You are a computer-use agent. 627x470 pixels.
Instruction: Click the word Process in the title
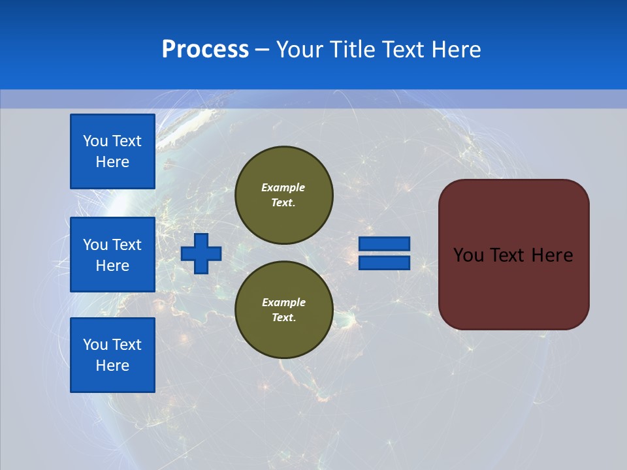(x=205, y=50)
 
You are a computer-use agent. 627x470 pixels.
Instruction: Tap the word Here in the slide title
(x=456, y=50)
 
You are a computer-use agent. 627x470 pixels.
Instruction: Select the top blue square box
(x=112, y=151)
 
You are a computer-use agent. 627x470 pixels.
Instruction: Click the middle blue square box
(x=112, y=255)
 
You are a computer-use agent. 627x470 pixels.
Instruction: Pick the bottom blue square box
(x=112, y=355)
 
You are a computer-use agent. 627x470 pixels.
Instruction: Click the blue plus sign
(x=201, y=253)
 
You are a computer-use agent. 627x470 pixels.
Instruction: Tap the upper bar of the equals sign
(x=385, y=243)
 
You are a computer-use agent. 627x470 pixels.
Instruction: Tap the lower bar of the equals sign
(x=385, y=263)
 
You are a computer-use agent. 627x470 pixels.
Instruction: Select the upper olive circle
(x=283, y=195)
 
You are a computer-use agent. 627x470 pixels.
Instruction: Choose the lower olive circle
(x=283, y=310)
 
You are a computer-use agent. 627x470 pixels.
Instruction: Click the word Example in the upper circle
(x=283, y=187)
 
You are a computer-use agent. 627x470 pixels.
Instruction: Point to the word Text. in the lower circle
(x=283, y=318)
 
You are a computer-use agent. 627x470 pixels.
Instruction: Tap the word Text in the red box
(x=507, y=255)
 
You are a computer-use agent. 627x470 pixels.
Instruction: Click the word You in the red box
(x=468, y=255)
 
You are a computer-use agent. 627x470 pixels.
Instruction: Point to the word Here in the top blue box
(x=112, y=162)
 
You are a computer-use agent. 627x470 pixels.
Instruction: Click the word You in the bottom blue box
(x=95, y=345)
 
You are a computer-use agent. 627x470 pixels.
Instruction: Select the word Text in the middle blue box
(x=127, y=245)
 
